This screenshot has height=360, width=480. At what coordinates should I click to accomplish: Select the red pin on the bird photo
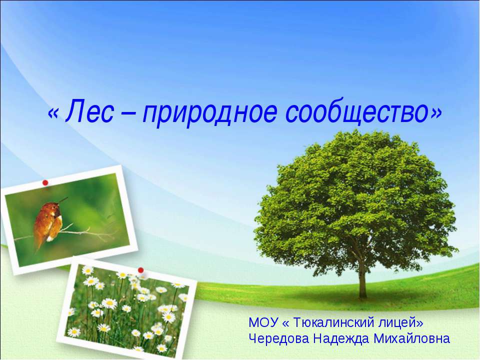pyautogui.click(x=45, y=182)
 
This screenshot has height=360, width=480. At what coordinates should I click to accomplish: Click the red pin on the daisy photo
pyautogui.click(x=141, y=270)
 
